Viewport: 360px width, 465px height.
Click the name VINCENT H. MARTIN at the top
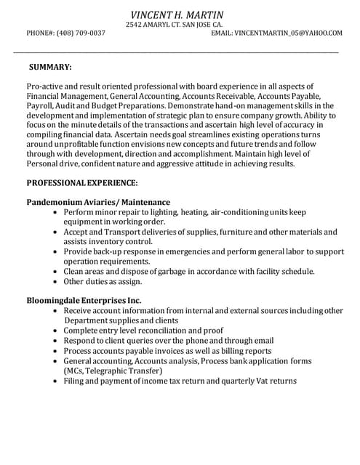tap(177, 15)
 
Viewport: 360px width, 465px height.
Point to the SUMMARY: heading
tap(50, 68)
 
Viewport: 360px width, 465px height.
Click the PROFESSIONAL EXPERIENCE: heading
tap(82, 183)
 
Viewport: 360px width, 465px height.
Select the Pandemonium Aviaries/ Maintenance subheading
tap(98, 202)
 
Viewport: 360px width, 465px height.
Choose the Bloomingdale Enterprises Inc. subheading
tap(84, 300)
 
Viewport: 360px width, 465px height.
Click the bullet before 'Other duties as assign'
tap(56, 282)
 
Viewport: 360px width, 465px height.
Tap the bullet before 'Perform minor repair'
tap(56, 212)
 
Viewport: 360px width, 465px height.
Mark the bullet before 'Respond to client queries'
tap(56, 341)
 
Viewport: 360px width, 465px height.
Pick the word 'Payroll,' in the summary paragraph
tap(41, 106)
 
